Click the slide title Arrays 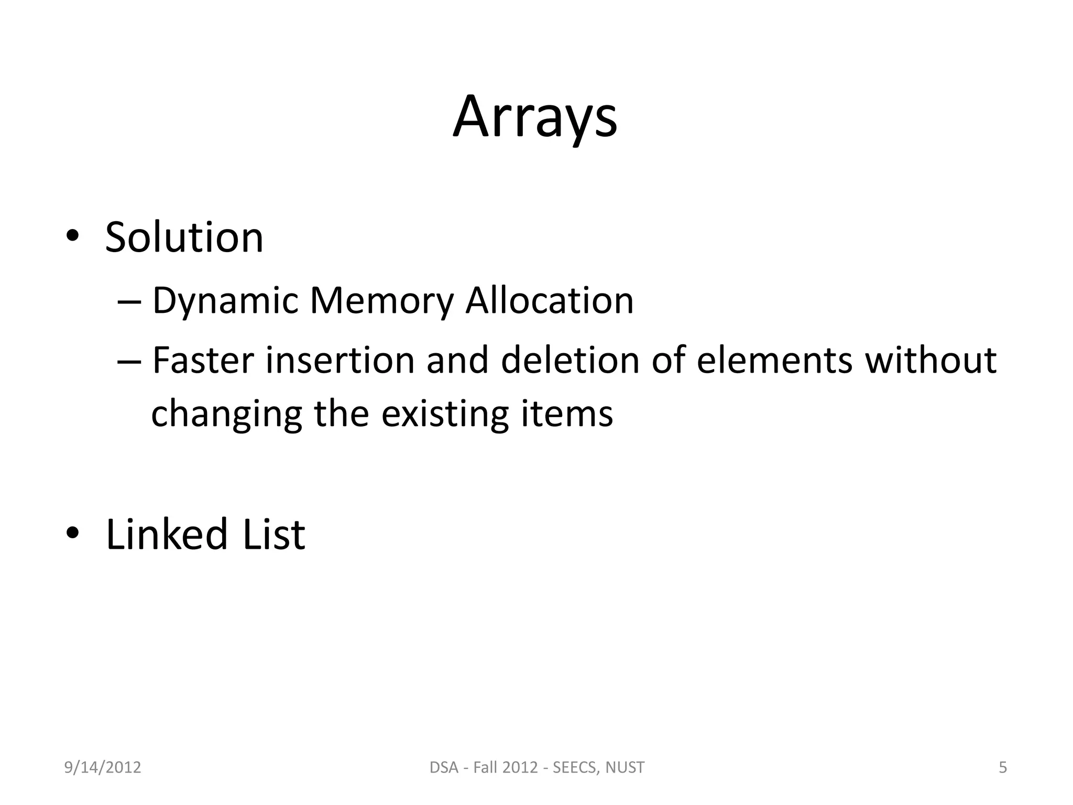[535, 117]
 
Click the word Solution [184, 237]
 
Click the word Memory [381, 302]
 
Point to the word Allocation [550, 301]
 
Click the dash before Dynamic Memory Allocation [129, 302]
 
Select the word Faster [203, 360]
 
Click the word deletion [570, 360]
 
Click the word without [930, 360]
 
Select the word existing [445, 415]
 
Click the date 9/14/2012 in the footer [103, 767]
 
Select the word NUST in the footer [625, 767]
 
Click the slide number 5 [1003, 767]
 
